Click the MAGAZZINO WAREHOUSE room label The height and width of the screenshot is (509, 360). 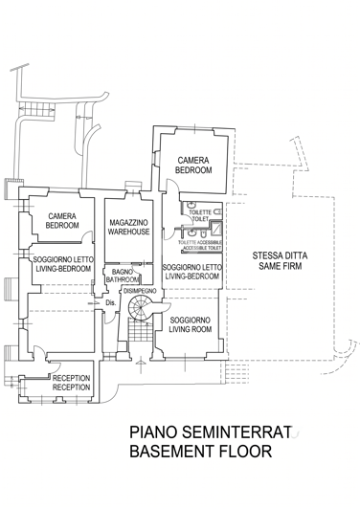[x=127, y=227]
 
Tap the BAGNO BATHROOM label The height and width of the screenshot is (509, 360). [x=122, y=276]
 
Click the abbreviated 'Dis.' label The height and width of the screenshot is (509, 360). [x=111, y=303]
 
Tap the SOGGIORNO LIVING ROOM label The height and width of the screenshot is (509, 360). [x=190, y=324]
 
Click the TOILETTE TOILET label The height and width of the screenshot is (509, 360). [x=199, y=215]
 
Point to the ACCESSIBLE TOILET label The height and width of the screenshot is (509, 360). [x=198, y=245]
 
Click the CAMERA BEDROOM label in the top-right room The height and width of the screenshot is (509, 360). [x=193, y=165]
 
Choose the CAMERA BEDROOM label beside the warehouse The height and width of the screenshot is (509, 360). [x=62, y=221]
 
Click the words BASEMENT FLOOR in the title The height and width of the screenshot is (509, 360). [x=200, y=452]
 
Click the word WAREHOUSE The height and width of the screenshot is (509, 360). [x=127, y=232]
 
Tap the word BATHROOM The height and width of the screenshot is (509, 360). [x=122, y=280]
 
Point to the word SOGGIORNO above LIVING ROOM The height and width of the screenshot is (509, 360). [x=190, y=320]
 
